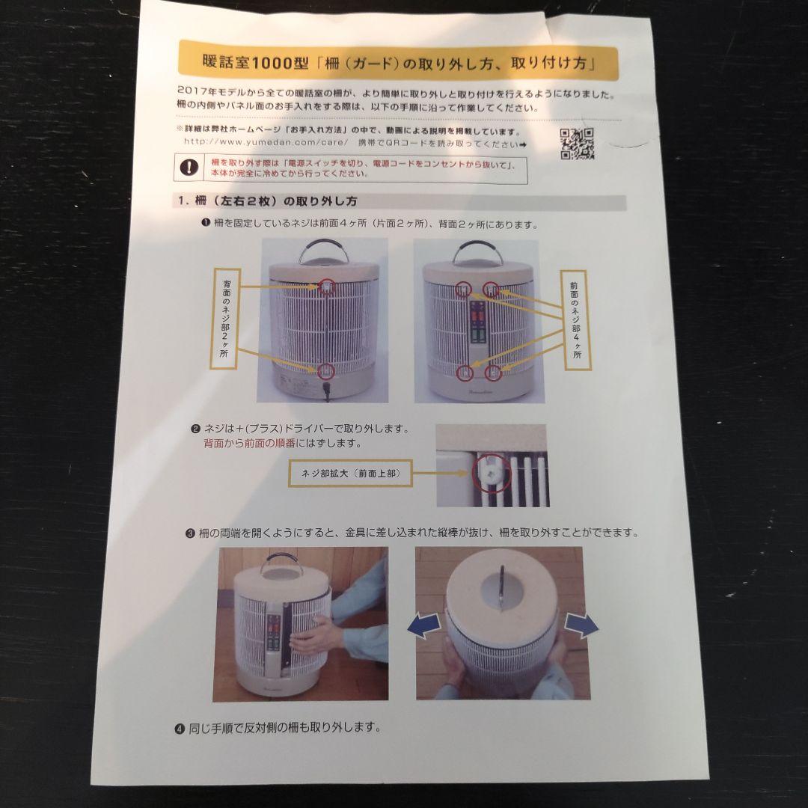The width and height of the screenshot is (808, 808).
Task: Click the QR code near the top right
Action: coord(577,144)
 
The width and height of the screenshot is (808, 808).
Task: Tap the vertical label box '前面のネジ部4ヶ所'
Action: coord(575,320)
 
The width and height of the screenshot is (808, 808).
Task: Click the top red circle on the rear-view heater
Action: coord(327,285)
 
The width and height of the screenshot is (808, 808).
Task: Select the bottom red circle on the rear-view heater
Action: coord(326,369)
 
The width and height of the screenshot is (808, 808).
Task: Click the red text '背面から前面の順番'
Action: coord(251,443)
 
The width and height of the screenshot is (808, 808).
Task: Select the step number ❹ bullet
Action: coord(180,727)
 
